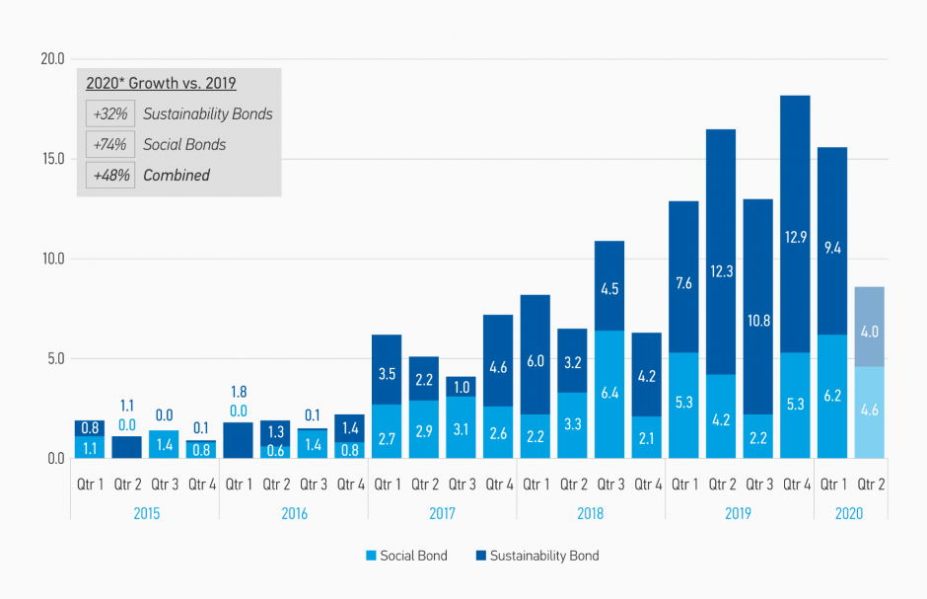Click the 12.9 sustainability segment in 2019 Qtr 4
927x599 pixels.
[x=795, y=237]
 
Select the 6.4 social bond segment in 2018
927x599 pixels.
[x=609, y=394]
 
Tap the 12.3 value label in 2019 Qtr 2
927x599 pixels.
[x=721, y=271]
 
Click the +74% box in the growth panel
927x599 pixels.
[x=109, y=144]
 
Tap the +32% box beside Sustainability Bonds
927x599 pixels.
[x=109, y=113]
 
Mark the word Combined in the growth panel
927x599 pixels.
[x=177, y=175]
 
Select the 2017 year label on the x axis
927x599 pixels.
[x=443, y=513]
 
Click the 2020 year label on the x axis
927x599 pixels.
[x=849, y=513]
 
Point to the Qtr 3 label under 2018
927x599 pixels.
[x=609, y=485]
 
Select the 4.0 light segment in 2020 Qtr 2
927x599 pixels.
[x=869, y=331]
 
